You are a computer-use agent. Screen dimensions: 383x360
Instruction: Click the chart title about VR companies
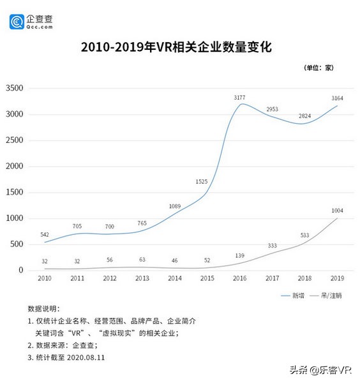point(180,47)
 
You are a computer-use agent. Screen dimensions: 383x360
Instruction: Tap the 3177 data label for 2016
point(239,98)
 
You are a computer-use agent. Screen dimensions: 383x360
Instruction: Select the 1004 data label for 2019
point(337,210)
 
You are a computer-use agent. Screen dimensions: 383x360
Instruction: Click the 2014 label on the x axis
point(174,279)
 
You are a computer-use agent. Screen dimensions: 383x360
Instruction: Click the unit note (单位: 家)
point(319,67)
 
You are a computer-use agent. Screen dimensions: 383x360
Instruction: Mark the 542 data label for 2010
point(45,235)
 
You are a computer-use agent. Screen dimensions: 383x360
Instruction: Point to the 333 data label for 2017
point(272,245)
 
